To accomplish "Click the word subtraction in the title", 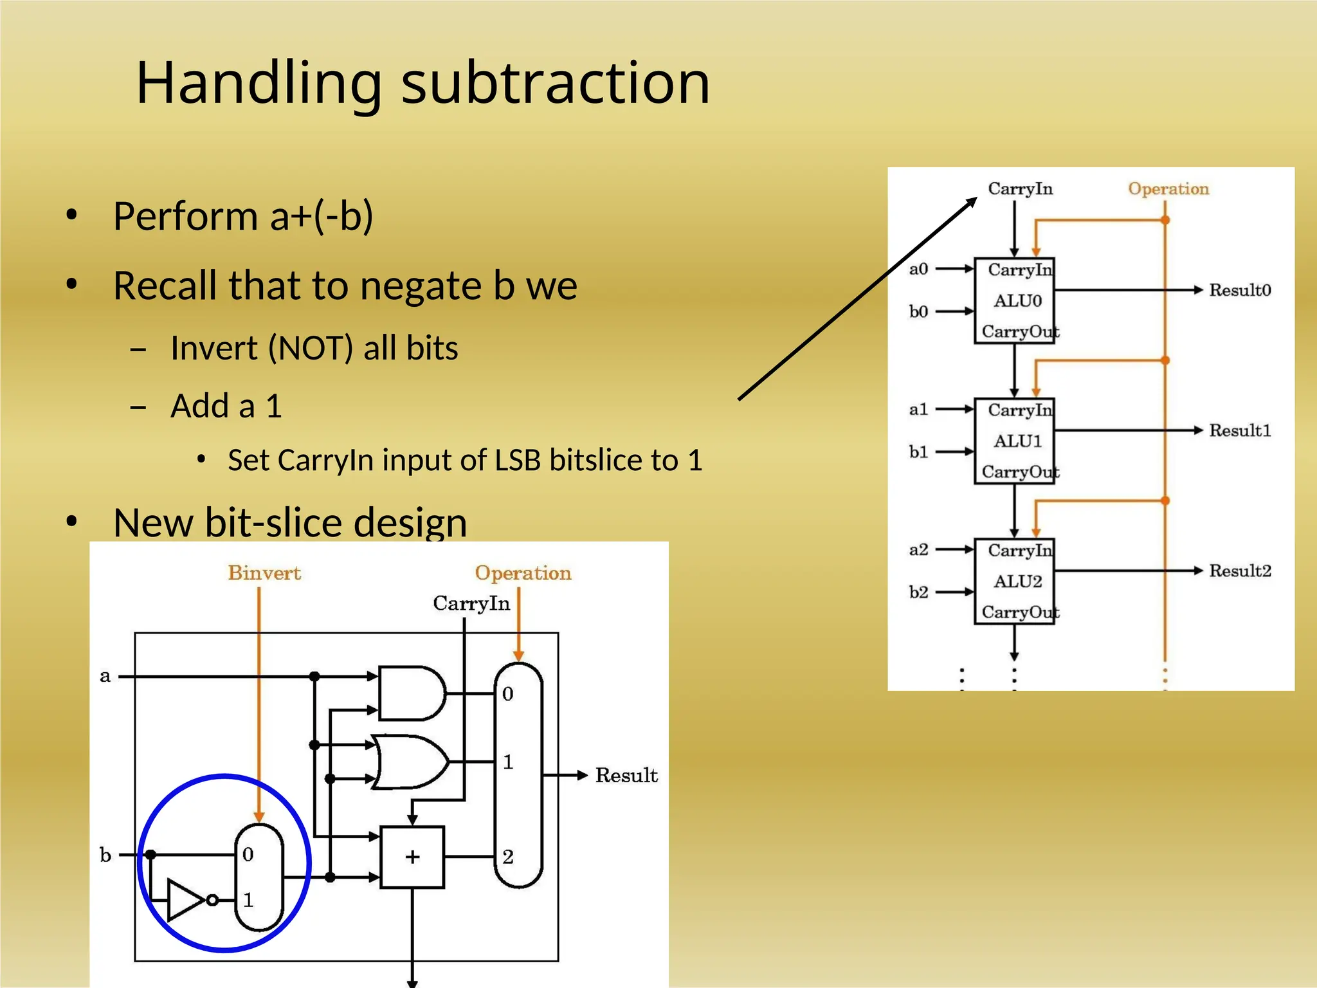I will [556, 84].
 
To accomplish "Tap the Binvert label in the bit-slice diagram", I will [264, 572].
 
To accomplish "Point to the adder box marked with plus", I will [412, 857].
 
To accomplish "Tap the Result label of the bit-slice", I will [626, 775].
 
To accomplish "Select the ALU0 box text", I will [1017, 301].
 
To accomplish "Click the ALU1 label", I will [1017, 441].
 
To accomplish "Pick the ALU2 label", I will [1017, 581].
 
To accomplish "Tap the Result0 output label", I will [1239, 290].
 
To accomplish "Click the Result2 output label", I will [1239, 571].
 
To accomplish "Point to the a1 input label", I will [918, 409].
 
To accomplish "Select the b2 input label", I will [918, 592].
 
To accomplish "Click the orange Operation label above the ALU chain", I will [1168, 188].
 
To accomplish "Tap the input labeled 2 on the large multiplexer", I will [508, 857].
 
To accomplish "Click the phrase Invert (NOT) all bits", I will [314, 348].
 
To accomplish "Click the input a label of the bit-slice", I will [105, 676].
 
